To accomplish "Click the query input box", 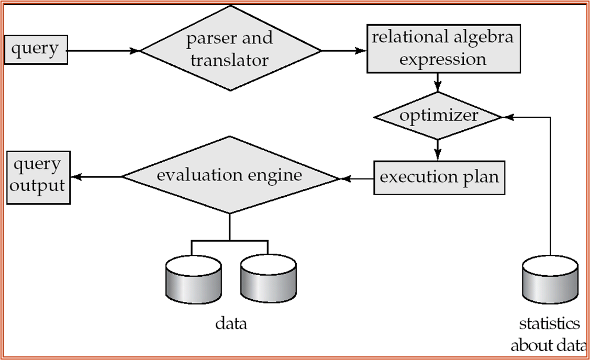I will [x=36, y=50].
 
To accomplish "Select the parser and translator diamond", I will [x=231, y=49].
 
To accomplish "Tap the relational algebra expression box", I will [x=442, y=49].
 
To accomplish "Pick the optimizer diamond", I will [x=438, y=116].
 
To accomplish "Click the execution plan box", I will [x=439, y=177].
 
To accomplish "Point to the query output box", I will [x=38, y=178].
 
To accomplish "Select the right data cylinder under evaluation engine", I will [x=268, y=278].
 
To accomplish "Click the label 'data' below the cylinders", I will [x=231, y=324].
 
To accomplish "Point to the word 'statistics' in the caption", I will [x=549, y=324].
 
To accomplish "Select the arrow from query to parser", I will [x=104, y=51].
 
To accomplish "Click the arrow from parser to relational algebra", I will [x=343, y=51].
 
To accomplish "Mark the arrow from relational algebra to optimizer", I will [x=438, y=82].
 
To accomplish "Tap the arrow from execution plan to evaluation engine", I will [x=357, y=179].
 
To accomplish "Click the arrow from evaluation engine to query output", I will [x=97, y=177].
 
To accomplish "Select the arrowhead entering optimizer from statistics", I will [x=507, y=117].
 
